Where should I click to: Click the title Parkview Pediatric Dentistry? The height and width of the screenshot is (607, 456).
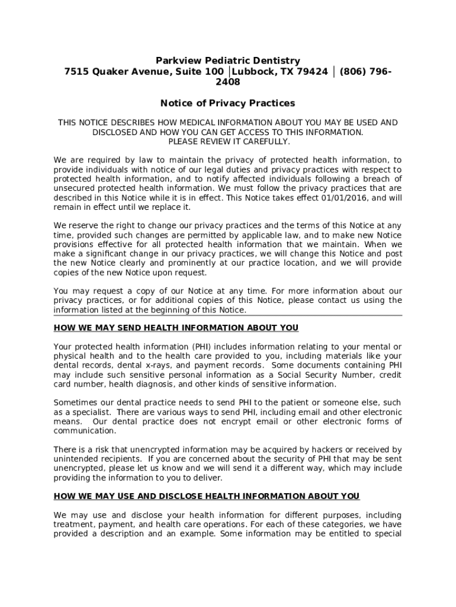click(228, 60)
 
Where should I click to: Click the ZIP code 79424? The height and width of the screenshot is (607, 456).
click(312, 72)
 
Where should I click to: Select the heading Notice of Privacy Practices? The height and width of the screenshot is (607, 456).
click(228, 103)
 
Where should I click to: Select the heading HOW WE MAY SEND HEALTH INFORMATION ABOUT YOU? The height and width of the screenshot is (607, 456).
click(176, 328)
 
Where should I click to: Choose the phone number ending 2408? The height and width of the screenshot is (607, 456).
click(228, 82)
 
